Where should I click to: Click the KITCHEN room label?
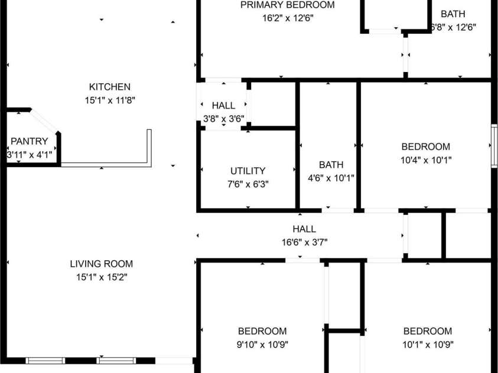[109, 87]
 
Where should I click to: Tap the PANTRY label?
[29, 142]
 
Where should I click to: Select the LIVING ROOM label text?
[101, 264]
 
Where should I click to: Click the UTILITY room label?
[248, 171]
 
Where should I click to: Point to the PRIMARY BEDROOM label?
[287, 5]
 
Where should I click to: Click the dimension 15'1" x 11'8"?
[109, 100]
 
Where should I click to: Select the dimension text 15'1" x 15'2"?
[101, 277]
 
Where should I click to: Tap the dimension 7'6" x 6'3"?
[248, 184]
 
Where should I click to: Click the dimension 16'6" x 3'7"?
[304, 242]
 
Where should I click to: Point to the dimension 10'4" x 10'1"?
[425, 160]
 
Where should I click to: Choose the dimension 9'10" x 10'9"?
[262, 345]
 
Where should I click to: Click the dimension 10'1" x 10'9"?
[427, 345]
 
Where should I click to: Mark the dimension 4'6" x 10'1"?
[330, 178]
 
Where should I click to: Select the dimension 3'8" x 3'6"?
[223, 119]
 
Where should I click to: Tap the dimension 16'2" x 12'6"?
[287, 18]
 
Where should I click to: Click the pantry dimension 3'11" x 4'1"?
[30, 155]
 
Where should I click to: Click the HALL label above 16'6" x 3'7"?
[304, 229]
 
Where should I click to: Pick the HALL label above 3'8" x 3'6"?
[223, 106]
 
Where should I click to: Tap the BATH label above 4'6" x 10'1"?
[330, 165]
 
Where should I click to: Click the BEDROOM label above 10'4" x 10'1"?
[425, 147]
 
